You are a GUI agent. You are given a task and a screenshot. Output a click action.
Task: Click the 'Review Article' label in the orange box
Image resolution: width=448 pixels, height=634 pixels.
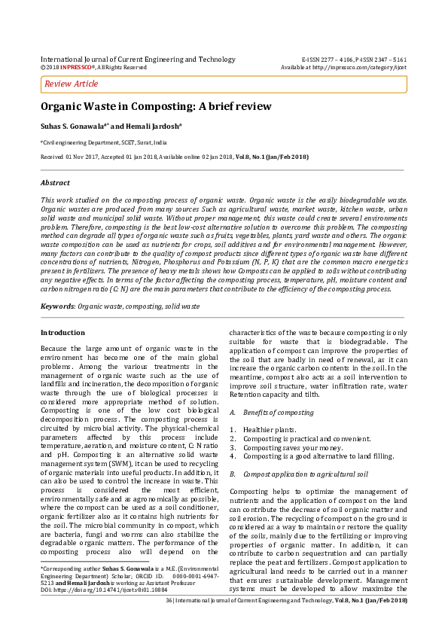point(72,84)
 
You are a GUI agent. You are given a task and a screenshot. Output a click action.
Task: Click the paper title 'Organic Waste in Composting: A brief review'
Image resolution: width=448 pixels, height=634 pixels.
point(156,107)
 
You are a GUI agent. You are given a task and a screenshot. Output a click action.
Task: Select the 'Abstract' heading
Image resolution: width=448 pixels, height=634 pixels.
point(55,183)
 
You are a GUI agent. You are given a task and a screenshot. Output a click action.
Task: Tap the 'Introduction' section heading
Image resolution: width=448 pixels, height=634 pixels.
point(62,332)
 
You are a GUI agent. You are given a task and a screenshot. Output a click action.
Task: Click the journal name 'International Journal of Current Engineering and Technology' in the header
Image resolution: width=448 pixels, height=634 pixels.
point(138,59)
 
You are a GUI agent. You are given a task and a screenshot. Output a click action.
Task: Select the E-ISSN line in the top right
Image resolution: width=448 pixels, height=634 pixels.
point(354,59)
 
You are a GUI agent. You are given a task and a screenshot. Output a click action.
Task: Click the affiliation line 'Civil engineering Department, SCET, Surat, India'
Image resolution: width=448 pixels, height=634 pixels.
point(104,142)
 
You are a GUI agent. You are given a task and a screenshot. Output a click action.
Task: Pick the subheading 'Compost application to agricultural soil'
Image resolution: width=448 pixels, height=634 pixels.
point(309,474)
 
